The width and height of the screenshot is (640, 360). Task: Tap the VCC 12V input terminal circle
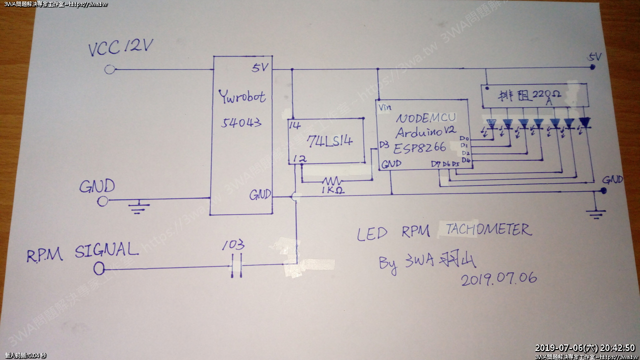pos(109,69)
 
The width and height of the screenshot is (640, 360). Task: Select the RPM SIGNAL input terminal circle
pos(99,269)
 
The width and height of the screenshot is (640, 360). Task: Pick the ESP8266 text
pos(419,148)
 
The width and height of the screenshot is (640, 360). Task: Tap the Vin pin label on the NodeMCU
pos(385,107)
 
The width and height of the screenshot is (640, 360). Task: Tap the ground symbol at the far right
pos(596,213)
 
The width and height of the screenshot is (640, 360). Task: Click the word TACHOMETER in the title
pos(487,229)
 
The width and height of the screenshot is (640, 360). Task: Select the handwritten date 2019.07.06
pos(499,278)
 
